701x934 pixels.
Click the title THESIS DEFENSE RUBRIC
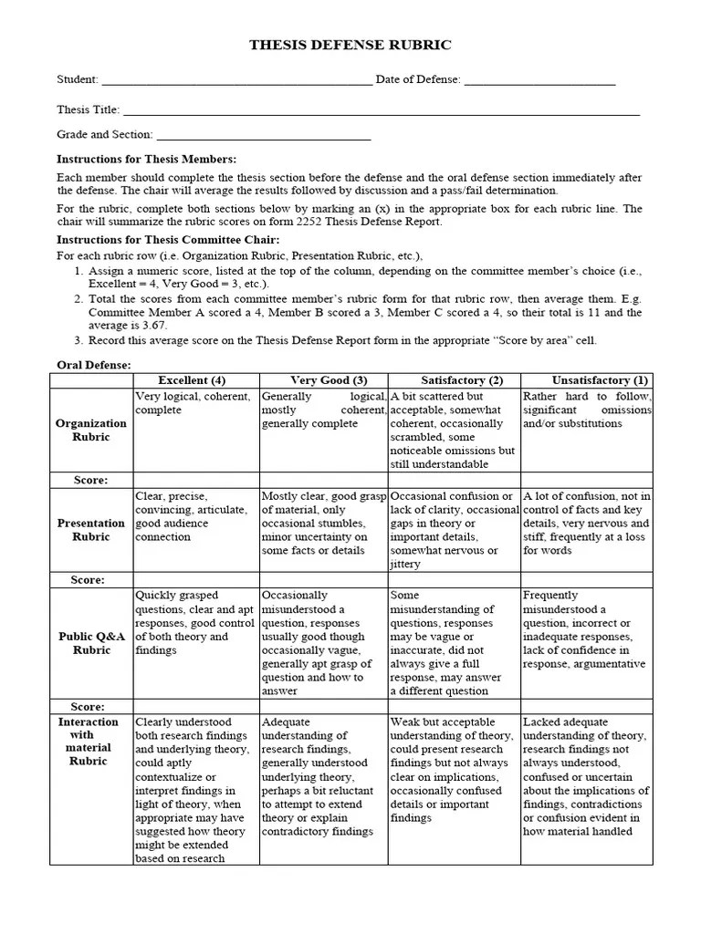350,45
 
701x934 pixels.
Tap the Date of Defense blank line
539,80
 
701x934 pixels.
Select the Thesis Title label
88,109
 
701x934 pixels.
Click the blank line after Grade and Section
264,135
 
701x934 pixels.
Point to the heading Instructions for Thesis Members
146,159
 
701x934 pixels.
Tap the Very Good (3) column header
324,380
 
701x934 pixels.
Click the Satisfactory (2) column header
455,380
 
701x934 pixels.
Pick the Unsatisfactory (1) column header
588,380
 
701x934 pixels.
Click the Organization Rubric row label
91,430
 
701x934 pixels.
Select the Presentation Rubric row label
91,530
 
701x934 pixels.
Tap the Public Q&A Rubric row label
91,643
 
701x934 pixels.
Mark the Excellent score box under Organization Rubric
196,480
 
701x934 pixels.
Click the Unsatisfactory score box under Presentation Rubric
587,580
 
